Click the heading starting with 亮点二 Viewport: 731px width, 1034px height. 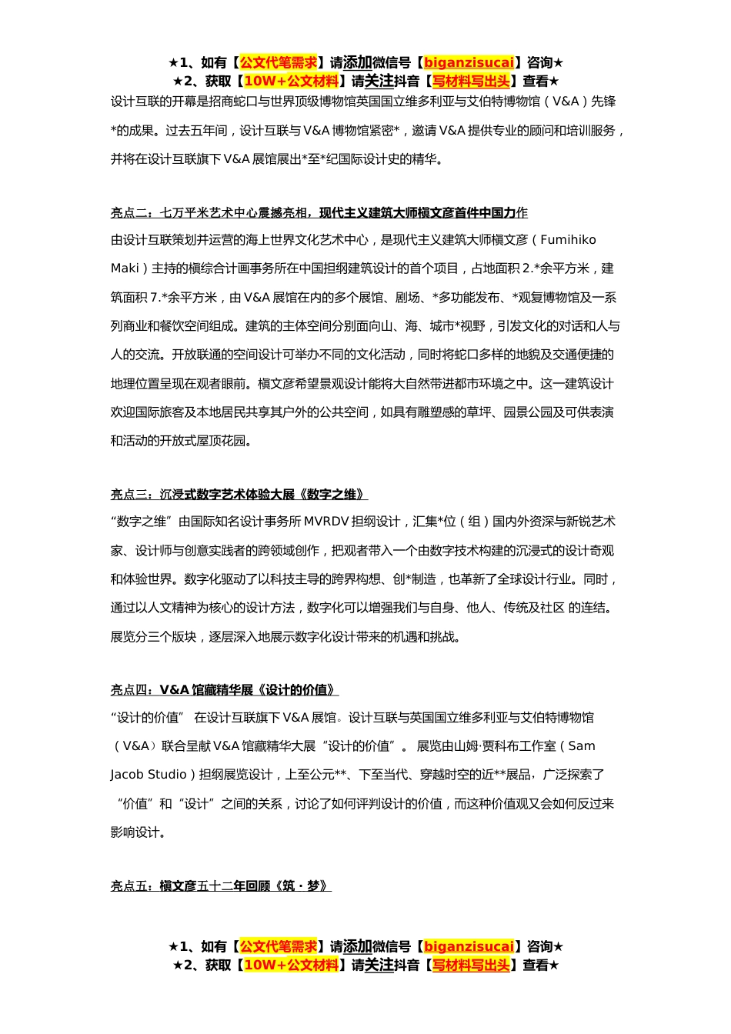[x=319, y=213]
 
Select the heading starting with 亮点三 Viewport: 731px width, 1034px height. [x=239, y=495]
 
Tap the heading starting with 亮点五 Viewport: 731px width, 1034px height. [x=220, y=886]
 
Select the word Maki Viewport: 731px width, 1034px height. [x=124, y=269]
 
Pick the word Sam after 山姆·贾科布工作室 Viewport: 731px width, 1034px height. [x=582, y=746]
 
